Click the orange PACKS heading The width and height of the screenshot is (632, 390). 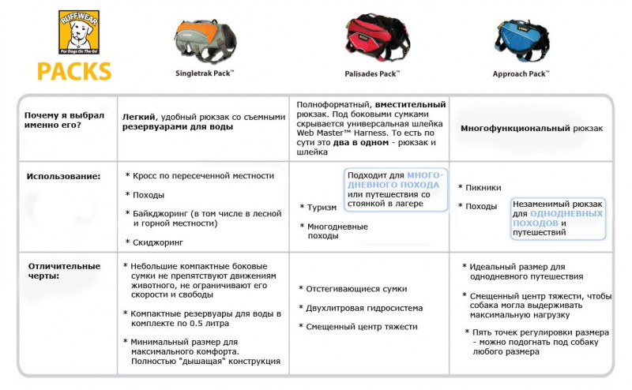[x=73, y=70]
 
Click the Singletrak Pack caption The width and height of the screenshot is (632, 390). [x=205, y=72]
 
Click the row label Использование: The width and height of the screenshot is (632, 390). [x=64, y=176]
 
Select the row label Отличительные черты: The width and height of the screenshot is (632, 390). [x=64, y=271]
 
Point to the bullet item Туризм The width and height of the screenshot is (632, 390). [x=322, y=208]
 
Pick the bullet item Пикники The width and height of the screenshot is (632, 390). [x=483, y=187]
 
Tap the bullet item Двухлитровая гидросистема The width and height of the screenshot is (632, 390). [x=364, y=308]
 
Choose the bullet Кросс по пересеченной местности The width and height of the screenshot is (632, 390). [x=203, y=175]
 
